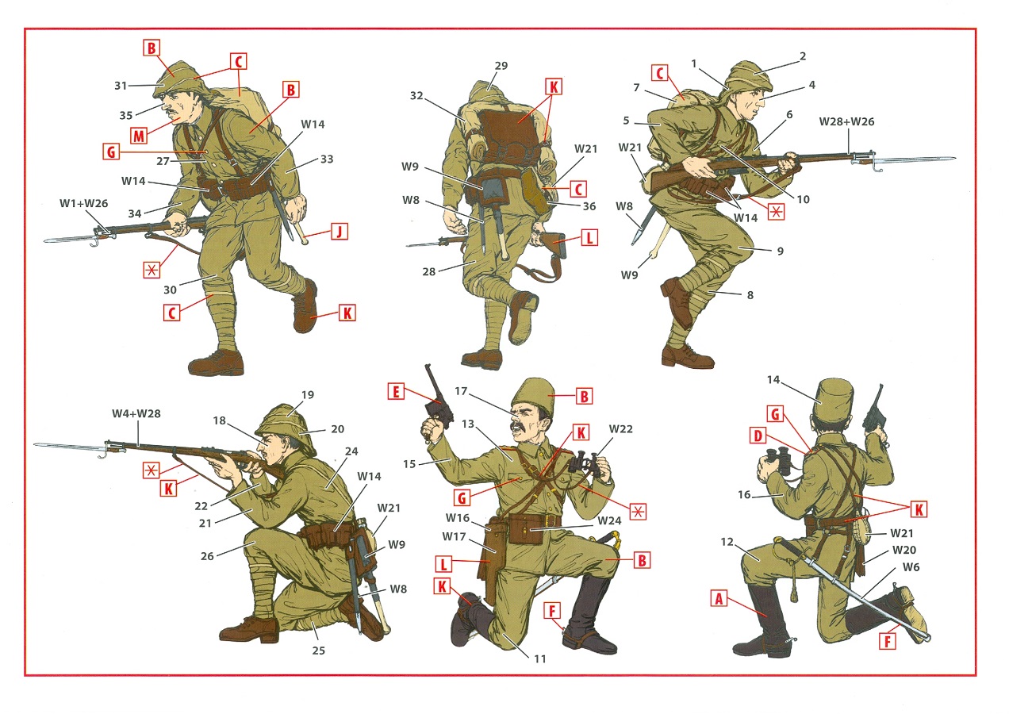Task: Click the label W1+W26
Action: click(84, 204)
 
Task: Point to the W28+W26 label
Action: click(846, 121)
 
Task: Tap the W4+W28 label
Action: click(136, 413)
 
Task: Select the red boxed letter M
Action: click(139, 136)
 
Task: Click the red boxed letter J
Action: click(340, 232)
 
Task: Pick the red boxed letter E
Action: click(396, 391)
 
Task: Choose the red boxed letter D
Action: click(758, 436)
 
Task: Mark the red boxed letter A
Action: click(719, 598)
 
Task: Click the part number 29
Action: click(501, 66)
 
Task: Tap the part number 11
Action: click(539, 658)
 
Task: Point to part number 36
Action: click(589, 206)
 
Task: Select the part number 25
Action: click(318, 651)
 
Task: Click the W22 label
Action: click(621, 429)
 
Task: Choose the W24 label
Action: click(609, 520)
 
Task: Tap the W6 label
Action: click(911, 567)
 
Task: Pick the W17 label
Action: click(454, 536)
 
